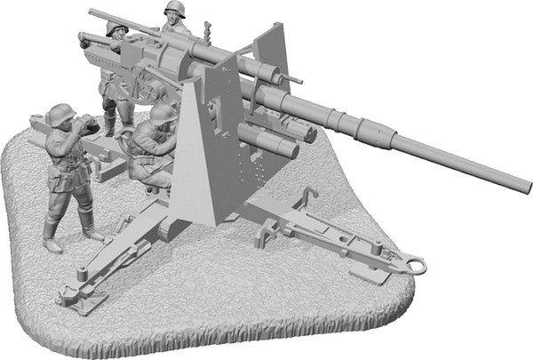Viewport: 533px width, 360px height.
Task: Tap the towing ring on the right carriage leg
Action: tap(414, 264)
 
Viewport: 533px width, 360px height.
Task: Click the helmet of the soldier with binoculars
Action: tap(60, 114)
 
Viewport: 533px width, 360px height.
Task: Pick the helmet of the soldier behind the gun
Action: tap(173, 9)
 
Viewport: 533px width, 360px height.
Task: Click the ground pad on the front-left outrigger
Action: tap(79, 300)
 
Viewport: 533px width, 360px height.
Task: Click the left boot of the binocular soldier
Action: tap(52, 238)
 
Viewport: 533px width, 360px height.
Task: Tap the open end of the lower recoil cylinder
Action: tap(290, 148)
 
